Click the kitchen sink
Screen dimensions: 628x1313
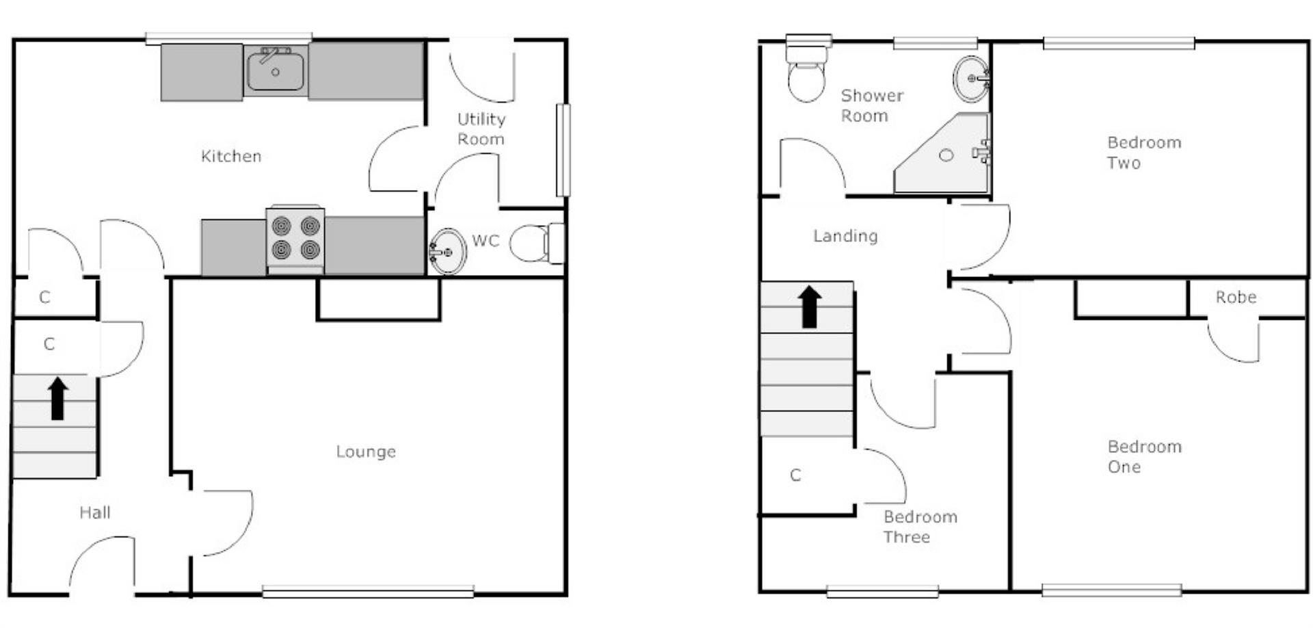276,70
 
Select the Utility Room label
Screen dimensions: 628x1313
481,129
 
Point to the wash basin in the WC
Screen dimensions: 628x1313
448,251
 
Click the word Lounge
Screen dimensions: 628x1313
366,452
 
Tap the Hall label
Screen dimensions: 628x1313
94,512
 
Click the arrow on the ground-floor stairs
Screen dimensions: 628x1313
58,398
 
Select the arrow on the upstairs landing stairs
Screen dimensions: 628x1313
810,306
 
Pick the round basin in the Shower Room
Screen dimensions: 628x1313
970,78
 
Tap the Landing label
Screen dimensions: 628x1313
845,236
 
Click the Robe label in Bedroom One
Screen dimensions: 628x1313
1236,297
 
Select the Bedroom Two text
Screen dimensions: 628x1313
1143,153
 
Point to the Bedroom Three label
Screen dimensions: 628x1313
919,527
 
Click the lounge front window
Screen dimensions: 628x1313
368,591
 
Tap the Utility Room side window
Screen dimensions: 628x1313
563,150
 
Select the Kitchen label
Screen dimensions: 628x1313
231,156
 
